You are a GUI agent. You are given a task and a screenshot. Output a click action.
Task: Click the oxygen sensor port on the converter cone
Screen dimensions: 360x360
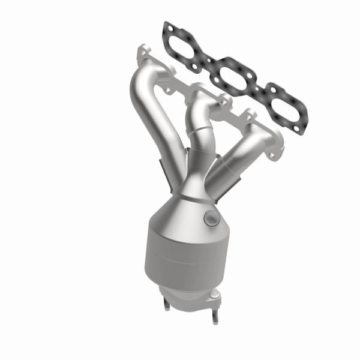pyautogui.click(x=209, y=219)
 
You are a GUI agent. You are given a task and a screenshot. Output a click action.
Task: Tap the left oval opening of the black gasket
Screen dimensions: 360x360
pyautogui.click(x=184, y=46)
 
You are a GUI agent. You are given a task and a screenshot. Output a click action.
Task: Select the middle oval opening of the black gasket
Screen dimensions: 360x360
pyautogui.click(x=233, y=75)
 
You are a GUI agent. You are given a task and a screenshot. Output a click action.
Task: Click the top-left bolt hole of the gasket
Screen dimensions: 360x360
pyautogui.click(x=167, y=28)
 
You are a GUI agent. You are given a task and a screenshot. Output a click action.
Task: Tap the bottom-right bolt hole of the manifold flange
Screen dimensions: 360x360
pyautogui.click(x=273, y=155)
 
